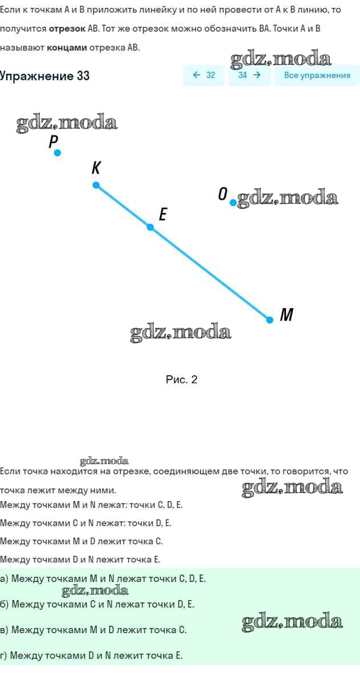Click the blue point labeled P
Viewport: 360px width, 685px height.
coord(57,153)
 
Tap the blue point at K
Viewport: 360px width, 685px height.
coord(96,185)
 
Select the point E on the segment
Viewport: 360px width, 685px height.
coord(150,227)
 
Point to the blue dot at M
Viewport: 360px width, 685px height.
coord(270,320)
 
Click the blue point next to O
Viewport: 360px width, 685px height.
coord(233,203)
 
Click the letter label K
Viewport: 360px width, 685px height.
coord(96,168)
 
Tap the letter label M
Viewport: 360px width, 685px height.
coord(287,314)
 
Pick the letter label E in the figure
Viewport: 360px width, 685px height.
coord(163,215)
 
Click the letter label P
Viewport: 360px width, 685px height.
coord(53,142)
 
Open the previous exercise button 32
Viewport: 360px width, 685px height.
coord(204,75)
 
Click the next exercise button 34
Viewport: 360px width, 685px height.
coord(249,75)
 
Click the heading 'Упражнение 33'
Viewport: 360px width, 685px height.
coord(45,76)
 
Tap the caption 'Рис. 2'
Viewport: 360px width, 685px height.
coord(181,380)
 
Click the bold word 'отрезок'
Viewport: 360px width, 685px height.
coord(66,28)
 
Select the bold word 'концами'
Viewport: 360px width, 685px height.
coord(67,47)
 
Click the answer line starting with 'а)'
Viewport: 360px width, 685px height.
coord(103,579)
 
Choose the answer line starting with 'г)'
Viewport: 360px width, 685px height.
coord(92,655)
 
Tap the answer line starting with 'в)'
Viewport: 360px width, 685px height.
coord(93,630)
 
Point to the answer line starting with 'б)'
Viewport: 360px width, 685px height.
coord(97,604)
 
